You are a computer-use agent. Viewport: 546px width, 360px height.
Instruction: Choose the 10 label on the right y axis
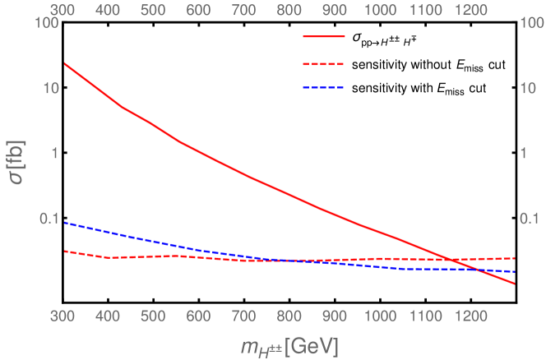(526, 89)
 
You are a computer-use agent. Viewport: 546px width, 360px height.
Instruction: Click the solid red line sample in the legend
(323, 37)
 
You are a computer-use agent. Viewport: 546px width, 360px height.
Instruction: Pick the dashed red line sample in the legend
(323, 63)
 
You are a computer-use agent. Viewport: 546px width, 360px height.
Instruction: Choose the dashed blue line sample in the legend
(323, 87)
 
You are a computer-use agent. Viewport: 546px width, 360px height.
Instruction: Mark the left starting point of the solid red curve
(64, 63)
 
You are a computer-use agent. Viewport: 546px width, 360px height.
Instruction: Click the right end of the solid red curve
(515, 284)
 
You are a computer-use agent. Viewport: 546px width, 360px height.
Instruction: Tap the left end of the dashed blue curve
(64, 222)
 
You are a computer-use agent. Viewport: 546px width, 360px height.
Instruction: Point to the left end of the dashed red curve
(64, 251)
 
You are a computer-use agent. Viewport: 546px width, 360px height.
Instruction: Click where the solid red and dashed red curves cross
(455, 260)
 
